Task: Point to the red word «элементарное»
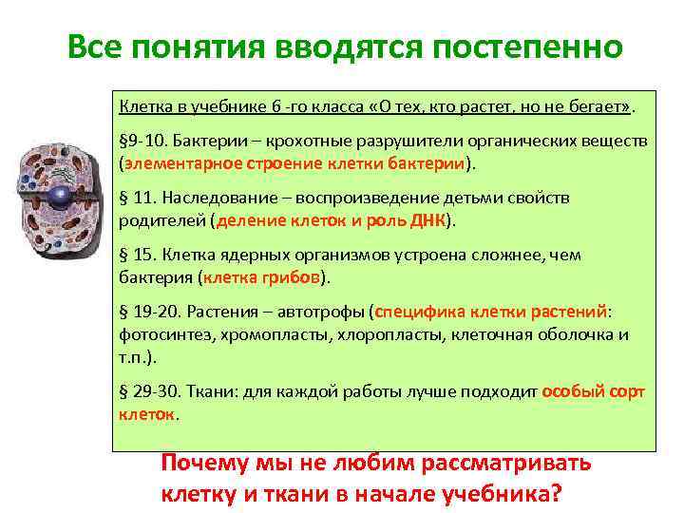pos(176,162)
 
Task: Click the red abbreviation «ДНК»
pos(427,220)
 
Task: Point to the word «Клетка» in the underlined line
pos(142,103)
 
